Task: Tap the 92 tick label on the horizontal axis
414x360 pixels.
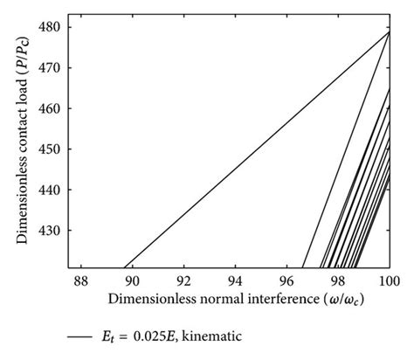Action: [183, 281]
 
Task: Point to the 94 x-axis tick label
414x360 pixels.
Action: [235, 281]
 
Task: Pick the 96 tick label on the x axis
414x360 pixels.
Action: [286, 281]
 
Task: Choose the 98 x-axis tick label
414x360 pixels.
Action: [338, 281]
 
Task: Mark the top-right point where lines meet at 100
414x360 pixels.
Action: [389, 31]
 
